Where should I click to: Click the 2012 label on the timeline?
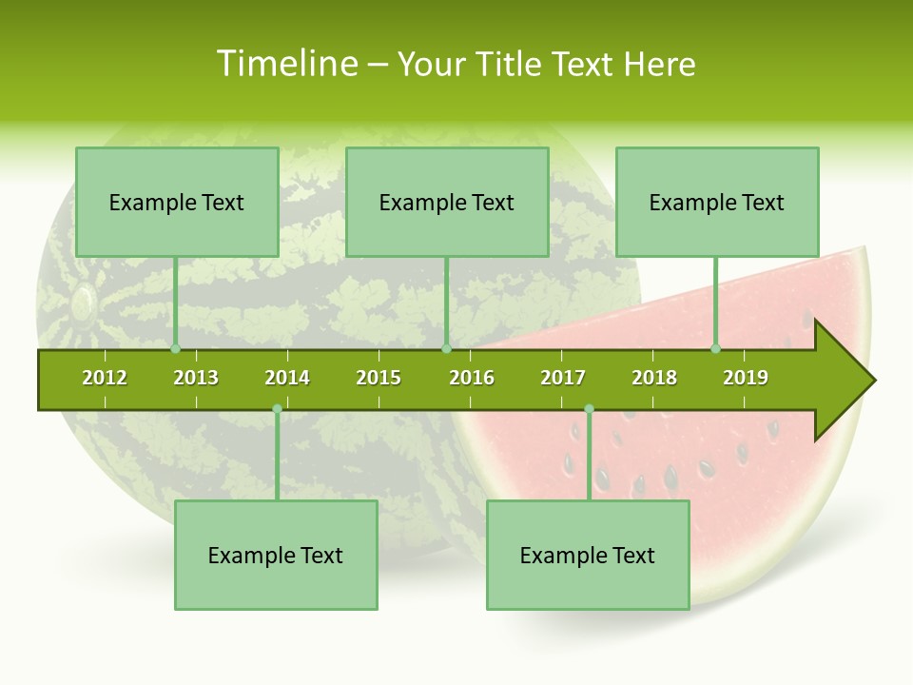[x=105, y=378]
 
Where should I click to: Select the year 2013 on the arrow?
[x=196, y=378]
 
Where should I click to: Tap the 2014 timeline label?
[x=287, y=378]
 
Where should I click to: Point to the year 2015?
[x=379, y=378]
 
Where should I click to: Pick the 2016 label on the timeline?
[x=472, y=378]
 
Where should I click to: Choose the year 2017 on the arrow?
[x=563, y=378]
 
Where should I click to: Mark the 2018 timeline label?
[x=654, y=378]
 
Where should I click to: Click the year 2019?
[x=746, y=378]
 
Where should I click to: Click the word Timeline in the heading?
[x=287, y=64]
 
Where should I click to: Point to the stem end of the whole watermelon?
[x=84, y=303]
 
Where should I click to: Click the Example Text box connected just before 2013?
[x=177, y=202]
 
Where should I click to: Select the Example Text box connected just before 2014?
[x=276, y=555]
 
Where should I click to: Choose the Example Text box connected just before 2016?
[x=447, y=202]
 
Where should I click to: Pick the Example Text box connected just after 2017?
[x=588, y=555]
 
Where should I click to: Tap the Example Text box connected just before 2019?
[x=717, y=202]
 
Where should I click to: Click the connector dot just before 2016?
[x=446, y=349]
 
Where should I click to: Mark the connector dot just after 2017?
[x=589, y=409]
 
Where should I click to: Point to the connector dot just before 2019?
[x=716, y=349]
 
